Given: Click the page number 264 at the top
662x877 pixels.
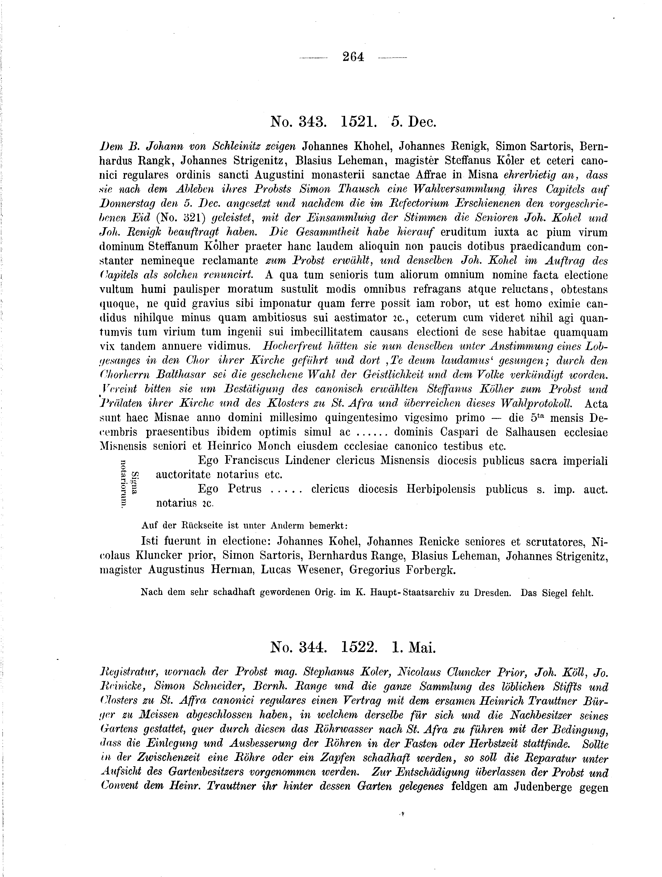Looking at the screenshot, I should coord(353,57).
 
